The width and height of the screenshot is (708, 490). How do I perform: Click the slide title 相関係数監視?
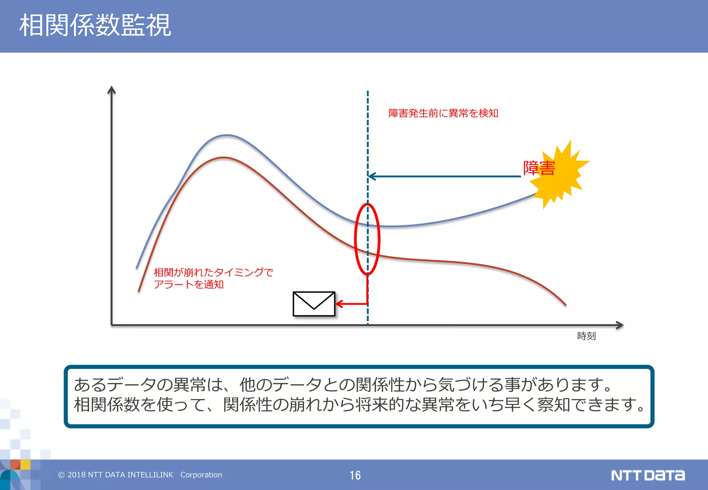(95, 26)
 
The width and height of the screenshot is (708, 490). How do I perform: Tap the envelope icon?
(314, 304)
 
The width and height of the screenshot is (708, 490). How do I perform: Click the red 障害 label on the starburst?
(539, 168)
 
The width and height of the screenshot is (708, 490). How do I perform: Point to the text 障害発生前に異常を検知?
(443, 113)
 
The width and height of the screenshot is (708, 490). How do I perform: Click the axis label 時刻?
(586, 336)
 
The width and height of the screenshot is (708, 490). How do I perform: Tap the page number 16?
(355, 475)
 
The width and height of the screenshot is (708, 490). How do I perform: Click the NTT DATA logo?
(648, 475)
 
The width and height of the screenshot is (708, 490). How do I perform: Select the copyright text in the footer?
(140, 475)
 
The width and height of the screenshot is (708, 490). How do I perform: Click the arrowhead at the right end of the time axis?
(620, 325)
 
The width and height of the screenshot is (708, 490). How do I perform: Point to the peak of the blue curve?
(226, 135)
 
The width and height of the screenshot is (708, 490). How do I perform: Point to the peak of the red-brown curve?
(224, 158)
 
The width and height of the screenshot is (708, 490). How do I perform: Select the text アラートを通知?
(189, 284)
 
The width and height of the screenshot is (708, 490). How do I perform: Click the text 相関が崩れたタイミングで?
(213, 272)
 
